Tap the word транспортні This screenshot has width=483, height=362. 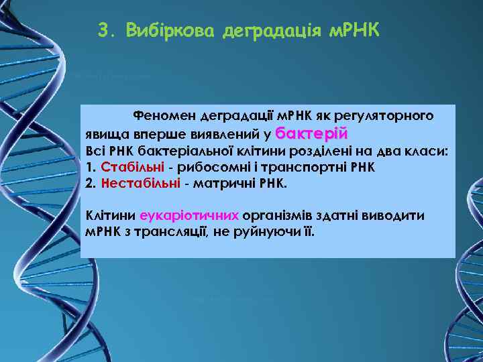pos(292,166)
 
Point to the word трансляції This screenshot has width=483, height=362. pos(166,232)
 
